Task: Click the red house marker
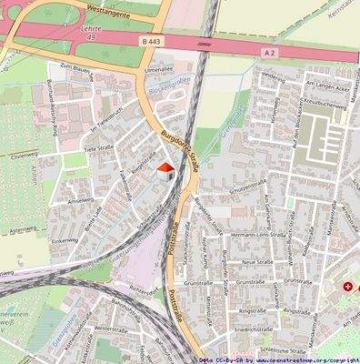[165, 167]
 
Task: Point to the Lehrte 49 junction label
[88, 34]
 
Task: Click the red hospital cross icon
[347, 287]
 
